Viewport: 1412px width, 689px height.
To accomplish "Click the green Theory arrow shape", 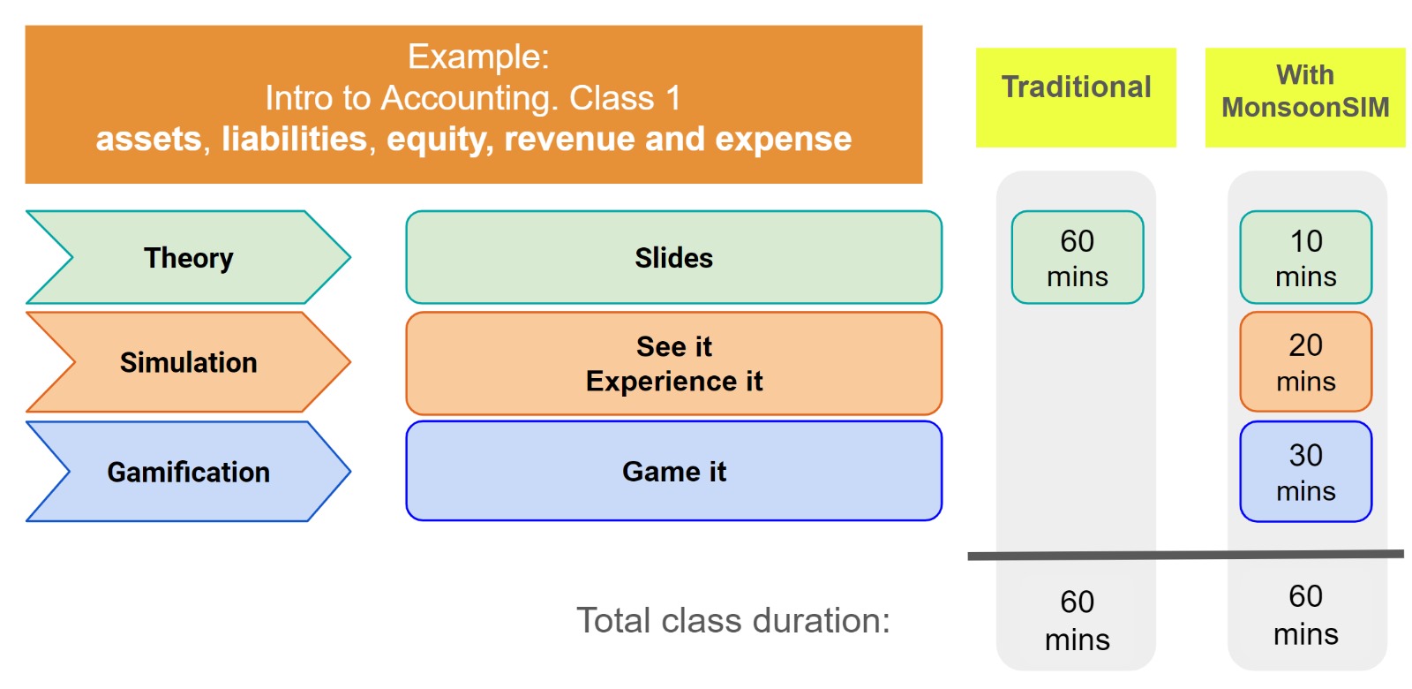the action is pos(189,257).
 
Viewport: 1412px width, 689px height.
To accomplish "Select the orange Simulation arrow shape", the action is pos(189,362).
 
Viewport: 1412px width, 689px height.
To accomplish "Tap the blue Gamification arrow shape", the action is pos(189,472).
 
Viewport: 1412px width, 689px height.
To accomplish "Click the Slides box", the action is pos(674,257).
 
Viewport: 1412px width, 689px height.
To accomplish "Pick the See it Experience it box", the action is pos(674,363).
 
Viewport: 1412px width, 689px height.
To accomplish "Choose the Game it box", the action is pos(674,472).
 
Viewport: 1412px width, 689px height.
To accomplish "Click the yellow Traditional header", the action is pos(1076,98).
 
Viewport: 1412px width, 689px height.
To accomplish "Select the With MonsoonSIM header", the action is pos(1305,98).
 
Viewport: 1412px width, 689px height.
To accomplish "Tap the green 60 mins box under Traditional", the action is pos(1078,257).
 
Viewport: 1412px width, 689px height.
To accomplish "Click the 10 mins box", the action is pos(1305,257).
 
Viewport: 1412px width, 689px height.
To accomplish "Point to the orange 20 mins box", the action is pos(1305,362).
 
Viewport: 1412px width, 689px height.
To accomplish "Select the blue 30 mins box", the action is pos(1305,472).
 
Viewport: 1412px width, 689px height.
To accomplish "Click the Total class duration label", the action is pos(733,620).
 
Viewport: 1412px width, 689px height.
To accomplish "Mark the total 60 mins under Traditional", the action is pos(1078,620).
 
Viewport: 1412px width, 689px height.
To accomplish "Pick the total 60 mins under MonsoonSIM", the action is pos(1305,615).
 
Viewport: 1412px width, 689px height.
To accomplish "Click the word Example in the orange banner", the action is pos(478,57).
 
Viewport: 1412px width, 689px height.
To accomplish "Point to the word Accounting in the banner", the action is pos(469,98).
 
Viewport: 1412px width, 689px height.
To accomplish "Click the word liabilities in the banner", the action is pos(295,139).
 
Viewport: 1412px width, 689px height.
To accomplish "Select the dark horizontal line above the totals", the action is pos(1186,556).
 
